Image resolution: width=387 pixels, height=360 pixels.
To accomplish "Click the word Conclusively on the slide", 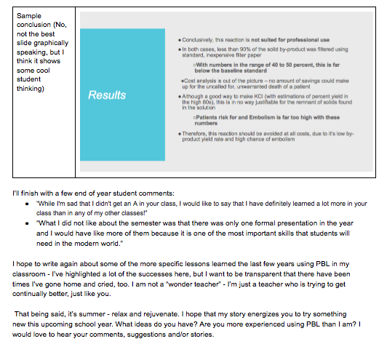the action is coord(197,38).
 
